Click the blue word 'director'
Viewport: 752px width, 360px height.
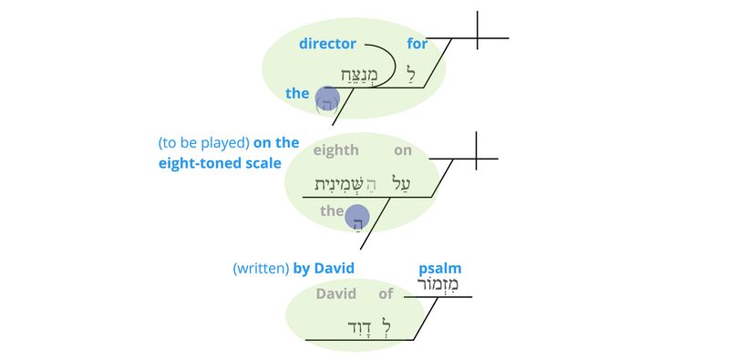point(327,44)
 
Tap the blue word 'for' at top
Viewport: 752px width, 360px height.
point(417,44)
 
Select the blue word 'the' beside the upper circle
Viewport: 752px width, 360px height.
point(297,93)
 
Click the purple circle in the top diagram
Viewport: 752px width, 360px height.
point(326,98)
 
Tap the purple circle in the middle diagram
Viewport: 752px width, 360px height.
point(357,217)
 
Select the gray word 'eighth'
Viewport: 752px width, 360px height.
point(335,150)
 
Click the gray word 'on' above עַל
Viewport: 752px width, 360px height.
point(403,150)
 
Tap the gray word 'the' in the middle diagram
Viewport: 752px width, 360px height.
point(331,211)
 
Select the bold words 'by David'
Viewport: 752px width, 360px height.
point(323,268)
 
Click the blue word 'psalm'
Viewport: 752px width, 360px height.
point(439,268)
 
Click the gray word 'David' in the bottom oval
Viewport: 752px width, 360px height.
point(335,294)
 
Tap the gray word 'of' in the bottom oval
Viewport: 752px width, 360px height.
point(386,294)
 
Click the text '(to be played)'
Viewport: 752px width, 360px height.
point(202,143)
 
